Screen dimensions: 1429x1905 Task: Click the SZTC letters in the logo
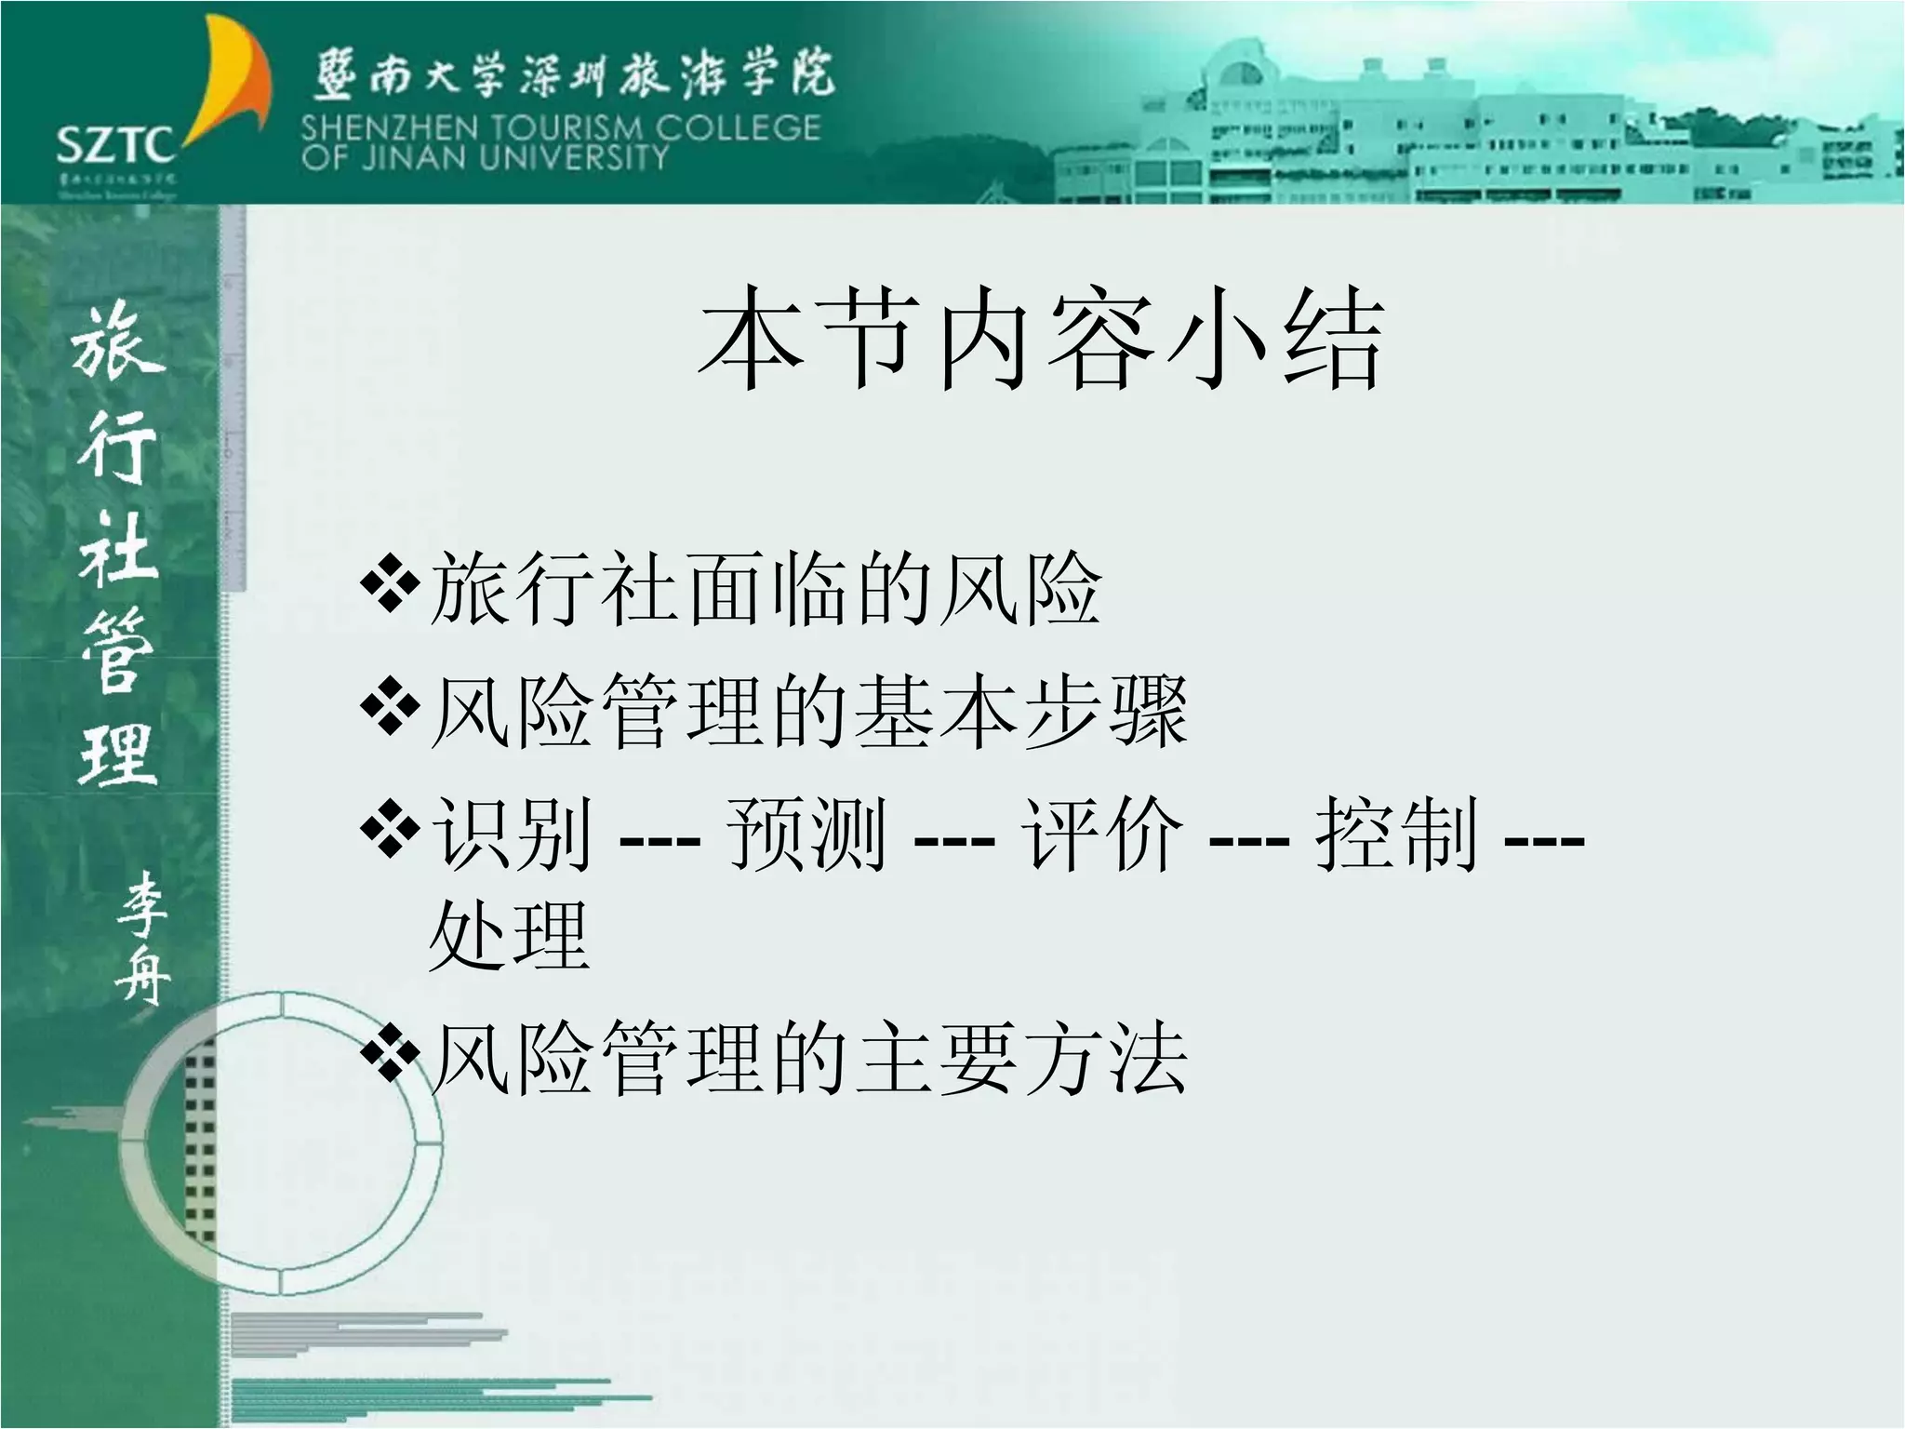pos(115,145)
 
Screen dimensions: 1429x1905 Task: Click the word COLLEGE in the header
pos(737,127)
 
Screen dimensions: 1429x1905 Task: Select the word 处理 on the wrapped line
pos(509,935)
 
